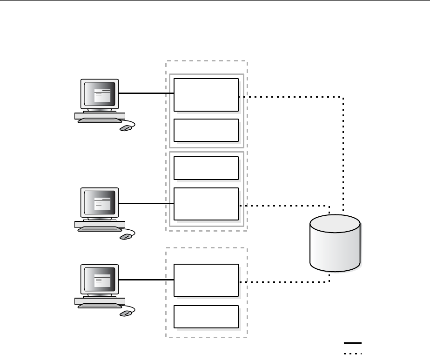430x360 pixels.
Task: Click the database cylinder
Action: coord(335,244)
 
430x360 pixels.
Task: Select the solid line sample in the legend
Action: coord(353,343)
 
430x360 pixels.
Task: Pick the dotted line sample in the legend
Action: coord(353,353)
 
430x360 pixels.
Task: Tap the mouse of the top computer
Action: coord(125,128)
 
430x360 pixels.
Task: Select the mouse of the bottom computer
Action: coord(125,313)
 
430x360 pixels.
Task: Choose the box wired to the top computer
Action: coord(206,95)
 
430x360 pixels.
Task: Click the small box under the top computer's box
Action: coord(206,130)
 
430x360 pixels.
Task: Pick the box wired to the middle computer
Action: coord(206,204)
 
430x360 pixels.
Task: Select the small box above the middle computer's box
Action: coord(206,168)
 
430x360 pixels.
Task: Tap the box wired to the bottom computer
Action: coord(206,280)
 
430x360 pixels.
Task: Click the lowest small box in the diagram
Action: coord(206,317)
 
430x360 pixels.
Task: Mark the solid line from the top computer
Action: coord(146,93)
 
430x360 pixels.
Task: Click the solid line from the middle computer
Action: coord(146,203)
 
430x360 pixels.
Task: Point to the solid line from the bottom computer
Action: coord(146,280)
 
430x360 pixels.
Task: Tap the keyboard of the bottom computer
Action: coord(99,306)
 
